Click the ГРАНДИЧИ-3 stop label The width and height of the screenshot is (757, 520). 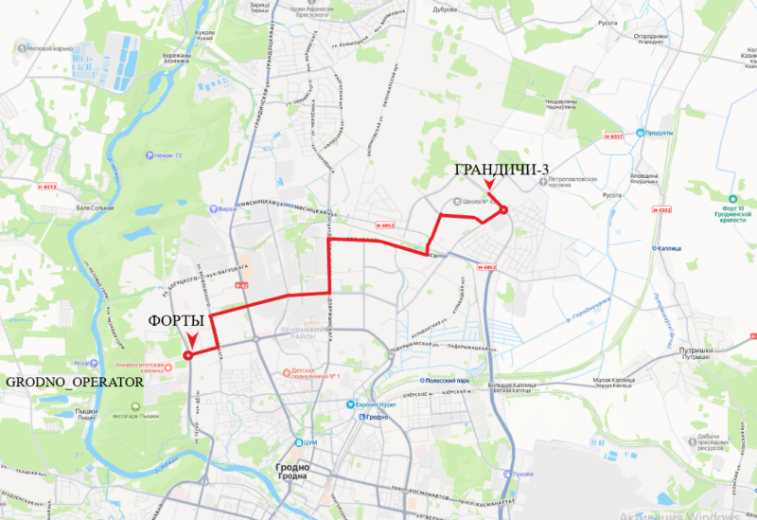(x=502, y=170)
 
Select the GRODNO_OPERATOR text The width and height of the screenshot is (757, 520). (x=75, y=383)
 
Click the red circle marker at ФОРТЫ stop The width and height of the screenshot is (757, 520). (x=187, y=355)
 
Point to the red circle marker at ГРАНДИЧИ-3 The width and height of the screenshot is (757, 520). (x=503, y=209)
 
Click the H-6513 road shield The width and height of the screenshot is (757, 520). (x=48, y=187)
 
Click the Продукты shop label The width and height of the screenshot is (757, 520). (x=660, y=133)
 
